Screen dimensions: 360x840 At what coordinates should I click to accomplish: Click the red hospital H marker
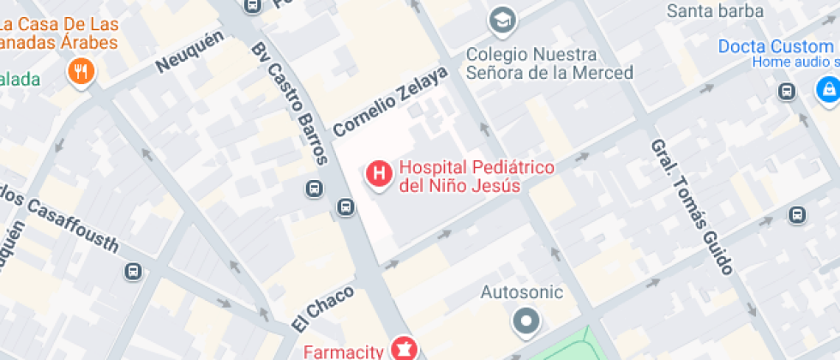point(378,174)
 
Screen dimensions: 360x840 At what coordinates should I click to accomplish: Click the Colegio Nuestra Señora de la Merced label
point(549,63)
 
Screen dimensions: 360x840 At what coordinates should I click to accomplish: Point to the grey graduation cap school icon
point(500,18)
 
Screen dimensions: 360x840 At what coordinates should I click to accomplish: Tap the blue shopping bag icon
point(827,88)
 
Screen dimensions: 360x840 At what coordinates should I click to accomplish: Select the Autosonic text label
point(521,292)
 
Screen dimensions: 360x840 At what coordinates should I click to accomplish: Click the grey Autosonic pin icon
point(525,322)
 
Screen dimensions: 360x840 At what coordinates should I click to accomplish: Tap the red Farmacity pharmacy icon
point(403,348)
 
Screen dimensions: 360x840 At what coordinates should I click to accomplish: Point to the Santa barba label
point(715,11)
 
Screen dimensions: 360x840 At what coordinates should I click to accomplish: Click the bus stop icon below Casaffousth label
point(133,272)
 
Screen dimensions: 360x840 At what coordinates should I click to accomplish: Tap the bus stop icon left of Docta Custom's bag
point(786,92)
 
